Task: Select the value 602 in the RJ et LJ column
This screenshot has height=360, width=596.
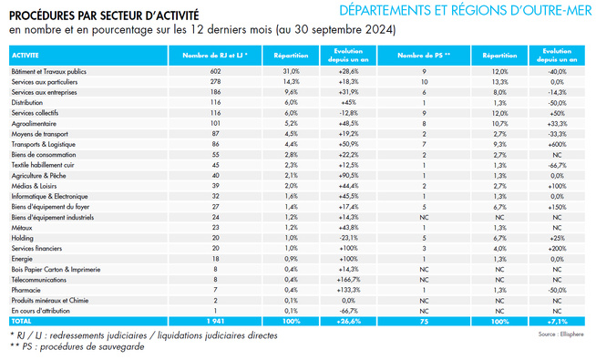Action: [x=216, y=70]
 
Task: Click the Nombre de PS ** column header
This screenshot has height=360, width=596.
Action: [x=424, y=55]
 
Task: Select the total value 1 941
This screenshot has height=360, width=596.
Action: [x=216, y=322]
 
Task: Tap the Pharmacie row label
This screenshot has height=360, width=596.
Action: [x=25, y=290]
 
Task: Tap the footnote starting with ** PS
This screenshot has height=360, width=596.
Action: [x=77, y=347]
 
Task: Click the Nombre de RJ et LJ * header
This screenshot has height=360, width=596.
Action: [x=216, y=55]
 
